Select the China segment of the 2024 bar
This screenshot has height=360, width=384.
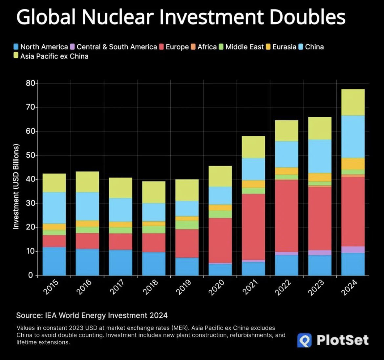coord(353,137)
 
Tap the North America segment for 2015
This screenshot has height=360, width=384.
coord(54,261)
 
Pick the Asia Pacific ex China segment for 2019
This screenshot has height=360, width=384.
coord(187,190)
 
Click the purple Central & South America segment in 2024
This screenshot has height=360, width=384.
coord(353,250)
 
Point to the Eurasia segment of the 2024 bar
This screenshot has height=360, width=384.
coord(353,164)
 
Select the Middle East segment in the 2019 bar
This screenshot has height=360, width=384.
coord(187,225)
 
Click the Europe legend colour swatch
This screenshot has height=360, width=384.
coord(161,47)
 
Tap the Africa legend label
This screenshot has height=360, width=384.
coord(207,47)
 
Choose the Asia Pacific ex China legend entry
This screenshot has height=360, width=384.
coord(54,56)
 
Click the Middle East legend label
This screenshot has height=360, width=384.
coord(245,47)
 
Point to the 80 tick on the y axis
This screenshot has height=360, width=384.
coord(30,84)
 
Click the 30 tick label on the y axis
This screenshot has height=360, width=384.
coord(30,204)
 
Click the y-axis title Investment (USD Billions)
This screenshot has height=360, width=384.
coord(16,186)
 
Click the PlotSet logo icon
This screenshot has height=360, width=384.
coord(304,340)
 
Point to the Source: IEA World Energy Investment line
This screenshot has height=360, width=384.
coord(92,315)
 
